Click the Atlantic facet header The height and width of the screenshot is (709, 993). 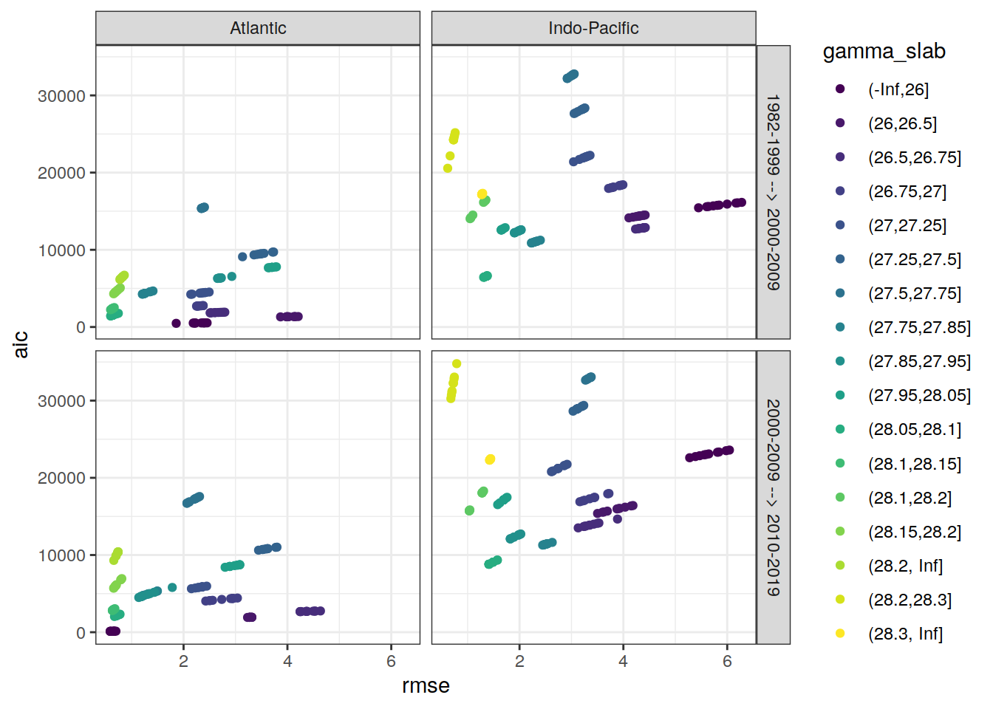pos(258,28)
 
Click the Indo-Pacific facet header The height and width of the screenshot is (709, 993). pos(593,28)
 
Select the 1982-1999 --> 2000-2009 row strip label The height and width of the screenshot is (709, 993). pos(773,192)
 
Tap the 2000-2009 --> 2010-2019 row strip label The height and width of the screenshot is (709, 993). pos(773,497)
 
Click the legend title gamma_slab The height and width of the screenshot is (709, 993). pos(884,51)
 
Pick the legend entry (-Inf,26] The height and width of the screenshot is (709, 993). pos(898,89)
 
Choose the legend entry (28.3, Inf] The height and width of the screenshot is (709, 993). pos(905,634)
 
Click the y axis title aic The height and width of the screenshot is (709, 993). pos(21,344)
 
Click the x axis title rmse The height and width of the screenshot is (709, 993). pos(426,685)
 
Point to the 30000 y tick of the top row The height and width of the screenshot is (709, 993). pos(61,96)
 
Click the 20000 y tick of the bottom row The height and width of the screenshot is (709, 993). pos(61,479)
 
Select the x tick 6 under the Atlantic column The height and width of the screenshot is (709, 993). pos(391,661)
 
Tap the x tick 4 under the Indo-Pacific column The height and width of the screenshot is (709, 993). pos(623,661)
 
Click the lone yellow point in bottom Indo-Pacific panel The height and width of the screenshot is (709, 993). pos(490,459)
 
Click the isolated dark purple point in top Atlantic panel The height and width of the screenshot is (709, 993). pos(176,323)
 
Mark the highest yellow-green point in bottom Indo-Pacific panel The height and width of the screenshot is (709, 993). pos(457,363)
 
